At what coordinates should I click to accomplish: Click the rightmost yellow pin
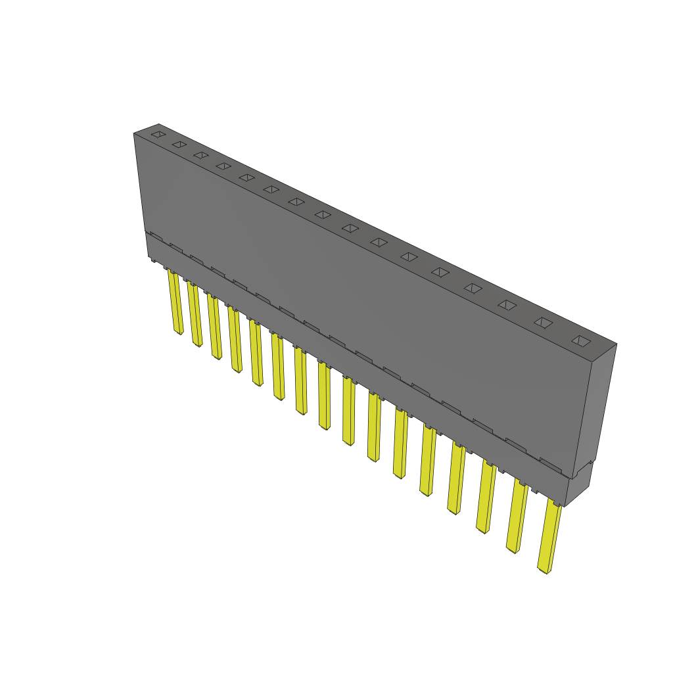(549, 536)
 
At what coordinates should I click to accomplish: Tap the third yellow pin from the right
(486, 496)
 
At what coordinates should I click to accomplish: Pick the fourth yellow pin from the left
(235, 338)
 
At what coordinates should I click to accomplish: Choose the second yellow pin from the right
(517, 516)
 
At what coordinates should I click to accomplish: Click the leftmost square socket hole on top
(157, 134)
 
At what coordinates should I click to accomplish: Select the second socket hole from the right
(543, 322)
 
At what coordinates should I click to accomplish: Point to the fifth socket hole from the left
(246, 177)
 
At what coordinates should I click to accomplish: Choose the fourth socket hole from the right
(473, 288)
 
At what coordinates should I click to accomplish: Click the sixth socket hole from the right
(409, 256)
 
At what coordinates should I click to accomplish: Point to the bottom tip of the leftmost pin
(179, 332)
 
